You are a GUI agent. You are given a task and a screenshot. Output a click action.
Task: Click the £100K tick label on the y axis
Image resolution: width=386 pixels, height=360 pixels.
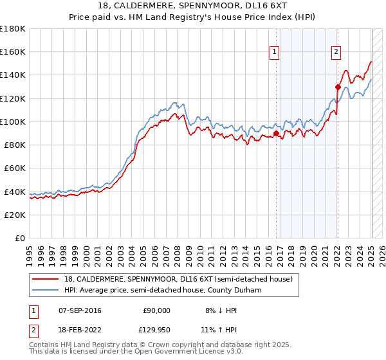tap(13, 122)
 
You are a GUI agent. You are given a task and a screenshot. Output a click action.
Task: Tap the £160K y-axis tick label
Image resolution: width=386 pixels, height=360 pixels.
tap(13, 51)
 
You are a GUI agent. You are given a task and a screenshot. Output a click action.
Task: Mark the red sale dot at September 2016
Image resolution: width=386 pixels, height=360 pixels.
tap(277, 134)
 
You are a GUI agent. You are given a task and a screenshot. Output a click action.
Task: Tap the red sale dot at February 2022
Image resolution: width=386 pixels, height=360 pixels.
tap(338, 87)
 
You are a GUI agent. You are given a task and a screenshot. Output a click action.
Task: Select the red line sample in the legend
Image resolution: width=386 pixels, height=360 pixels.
tap(46, 278)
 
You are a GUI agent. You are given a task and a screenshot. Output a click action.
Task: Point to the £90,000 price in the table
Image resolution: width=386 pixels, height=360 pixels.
tap(156, 310)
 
